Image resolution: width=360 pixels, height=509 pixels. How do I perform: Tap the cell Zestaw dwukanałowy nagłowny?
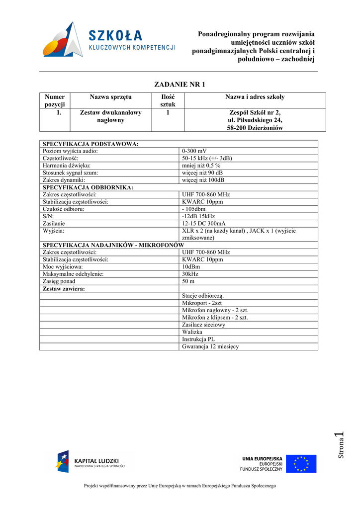click(x=110, y=116)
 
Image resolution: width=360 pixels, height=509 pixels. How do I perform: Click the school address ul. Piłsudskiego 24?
click(x=255, y=120)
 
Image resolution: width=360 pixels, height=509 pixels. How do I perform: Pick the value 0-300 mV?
click(x=195, y=151)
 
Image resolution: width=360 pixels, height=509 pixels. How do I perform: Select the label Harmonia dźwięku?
click(x=67, y=166)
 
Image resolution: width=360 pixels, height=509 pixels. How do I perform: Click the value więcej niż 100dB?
click(x=203, y=180)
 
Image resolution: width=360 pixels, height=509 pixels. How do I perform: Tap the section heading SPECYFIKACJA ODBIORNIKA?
click(x=88, y=187)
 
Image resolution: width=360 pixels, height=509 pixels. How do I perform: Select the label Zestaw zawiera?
click(x=64, y=288)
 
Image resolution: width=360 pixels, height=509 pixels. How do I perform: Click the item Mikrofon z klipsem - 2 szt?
click(x=215, y=317)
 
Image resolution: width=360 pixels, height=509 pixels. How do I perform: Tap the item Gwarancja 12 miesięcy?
click(x=210, y=346)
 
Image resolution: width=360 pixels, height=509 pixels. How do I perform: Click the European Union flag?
click(x=301, y=464)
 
